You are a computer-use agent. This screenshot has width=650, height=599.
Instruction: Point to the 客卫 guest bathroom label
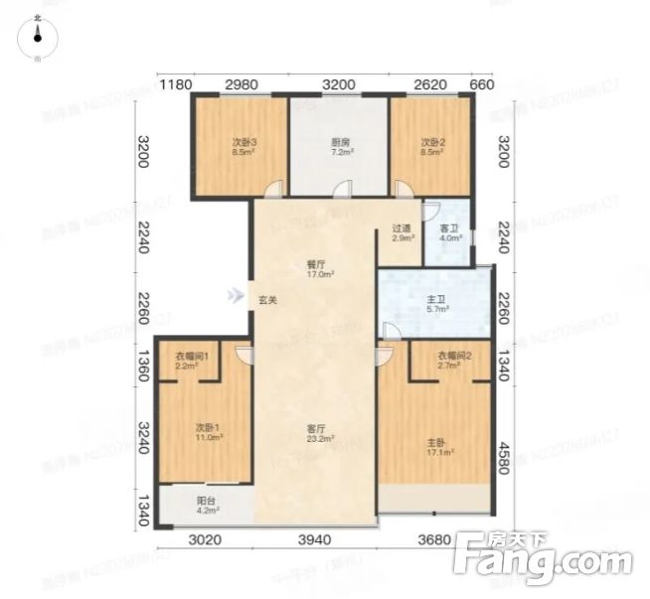(x=448, y=230)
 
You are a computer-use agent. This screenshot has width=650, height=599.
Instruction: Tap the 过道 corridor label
(x=401, y=230)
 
